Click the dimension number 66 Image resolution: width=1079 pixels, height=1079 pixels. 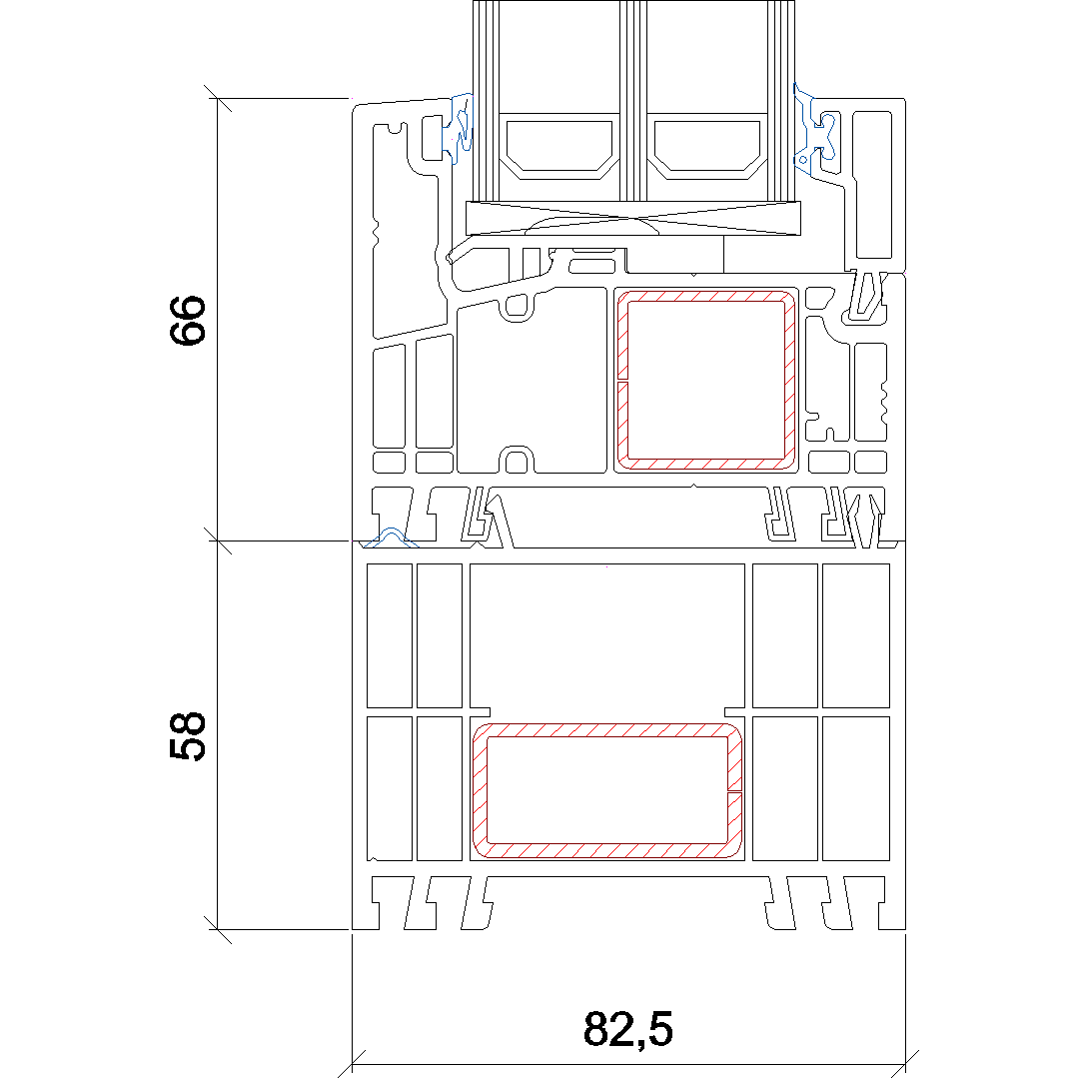pyautogui.click(x=187, y=320)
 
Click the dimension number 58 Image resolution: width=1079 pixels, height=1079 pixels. pyautogui.click(x=187, y=736)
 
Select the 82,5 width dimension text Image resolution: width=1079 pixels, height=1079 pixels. pyautogui.click(x=627, y=1029)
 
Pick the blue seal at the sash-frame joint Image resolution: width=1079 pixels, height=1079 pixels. pyautogui.click(x=391, y=539)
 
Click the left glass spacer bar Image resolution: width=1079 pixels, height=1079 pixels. pyautogui.click(x=558, y=149)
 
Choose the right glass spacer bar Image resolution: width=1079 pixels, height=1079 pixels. pyautogui.click(x=706, y=149)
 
